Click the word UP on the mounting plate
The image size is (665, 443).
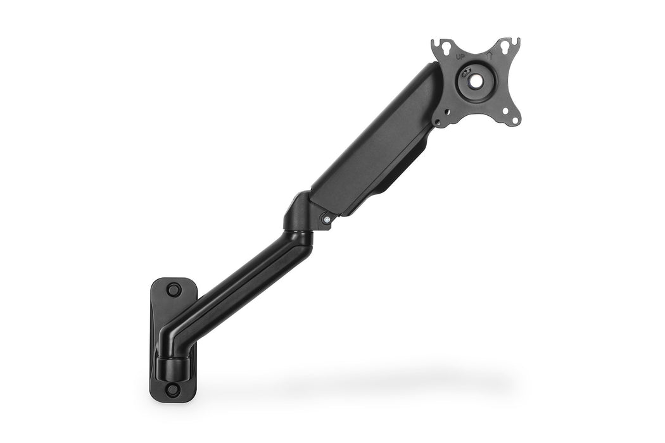coord(460,57)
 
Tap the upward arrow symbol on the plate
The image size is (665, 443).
coord(490,56)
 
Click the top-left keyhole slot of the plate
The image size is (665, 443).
coord(446,47)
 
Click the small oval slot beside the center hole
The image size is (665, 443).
coord(465,72)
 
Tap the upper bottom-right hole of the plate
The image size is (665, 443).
coord(505,111)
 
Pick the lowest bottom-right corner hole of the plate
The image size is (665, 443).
coord(515,120)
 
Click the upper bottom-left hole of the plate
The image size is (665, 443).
coord(447,112)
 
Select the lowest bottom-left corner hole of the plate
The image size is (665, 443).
coord(438,122)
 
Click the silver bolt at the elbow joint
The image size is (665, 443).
coord(327,220)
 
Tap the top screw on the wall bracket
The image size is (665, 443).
coord(173,289)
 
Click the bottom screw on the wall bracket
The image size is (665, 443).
coord(172,390)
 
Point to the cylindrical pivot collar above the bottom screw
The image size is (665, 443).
coord(172,368)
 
